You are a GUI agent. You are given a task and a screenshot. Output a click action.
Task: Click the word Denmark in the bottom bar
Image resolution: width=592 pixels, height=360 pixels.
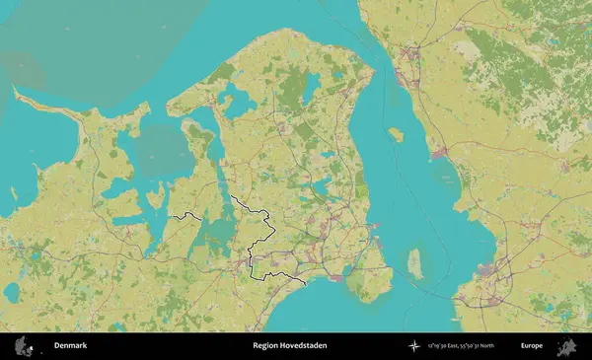click(70, 346)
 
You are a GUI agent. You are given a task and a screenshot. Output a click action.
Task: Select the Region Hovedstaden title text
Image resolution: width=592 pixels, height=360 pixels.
click(289, 346)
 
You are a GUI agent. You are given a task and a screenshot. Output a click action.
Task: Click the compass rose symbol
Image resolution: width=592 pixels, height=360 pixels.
click(413, 346)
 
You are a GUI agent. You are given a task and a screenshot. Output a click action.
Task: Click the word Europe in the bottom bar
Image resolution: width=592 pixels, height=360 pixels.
click(532, 346)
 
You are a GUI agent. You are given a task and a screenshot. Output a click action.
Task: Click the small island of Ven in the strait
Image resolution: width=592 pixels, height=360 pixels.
click(397, 134)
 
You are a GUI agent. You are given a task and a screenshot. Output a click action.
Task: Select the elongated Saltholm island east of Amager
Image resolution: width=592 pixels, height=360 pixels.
click(416, 263)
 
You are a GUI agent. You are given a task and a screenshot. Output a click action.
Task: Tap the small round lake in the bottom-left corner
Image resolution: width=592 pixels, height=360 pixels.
click(12, 293)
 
